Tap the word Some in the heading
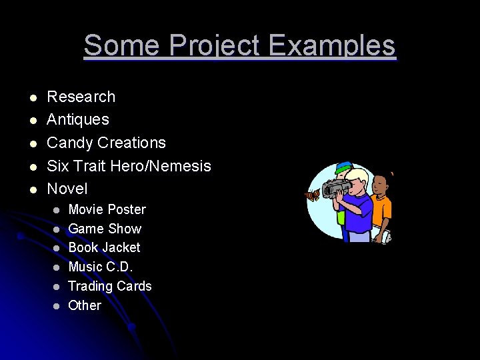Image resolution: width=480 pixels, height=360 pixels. (x=121, y=46)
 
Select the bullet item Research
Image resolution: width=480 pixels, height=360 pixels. (x=81, y=97)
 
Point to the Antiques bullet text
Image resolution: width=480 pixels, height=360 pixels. (x=77, y=120)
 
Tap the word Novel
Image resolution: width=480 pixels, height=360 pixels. (x=67, y=189)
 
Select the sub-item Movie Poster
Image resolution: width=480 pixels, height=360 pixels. (x=107, y=209)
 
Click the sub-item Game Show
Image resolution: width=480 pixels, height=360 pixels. (x=105, y=229)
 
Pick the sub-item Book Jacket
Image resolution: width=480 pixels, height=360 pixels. (x=104, y=247)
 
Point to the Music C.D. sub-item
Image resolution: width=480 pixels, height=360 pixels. (x=101, y=267)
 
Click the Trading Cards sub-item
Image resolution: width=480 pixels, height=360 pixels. (x=110, y=286)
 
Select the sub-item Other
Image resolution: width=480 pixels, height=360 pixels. (x=85, y=305)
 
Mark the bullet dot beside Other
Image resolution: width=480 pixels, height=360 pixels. (x=57, y=306)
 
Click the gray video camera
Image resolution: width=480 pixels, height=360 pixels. (x=335, y=188)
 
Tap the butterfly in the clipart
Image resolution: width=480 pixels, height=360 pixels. (x=311, y=197)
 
